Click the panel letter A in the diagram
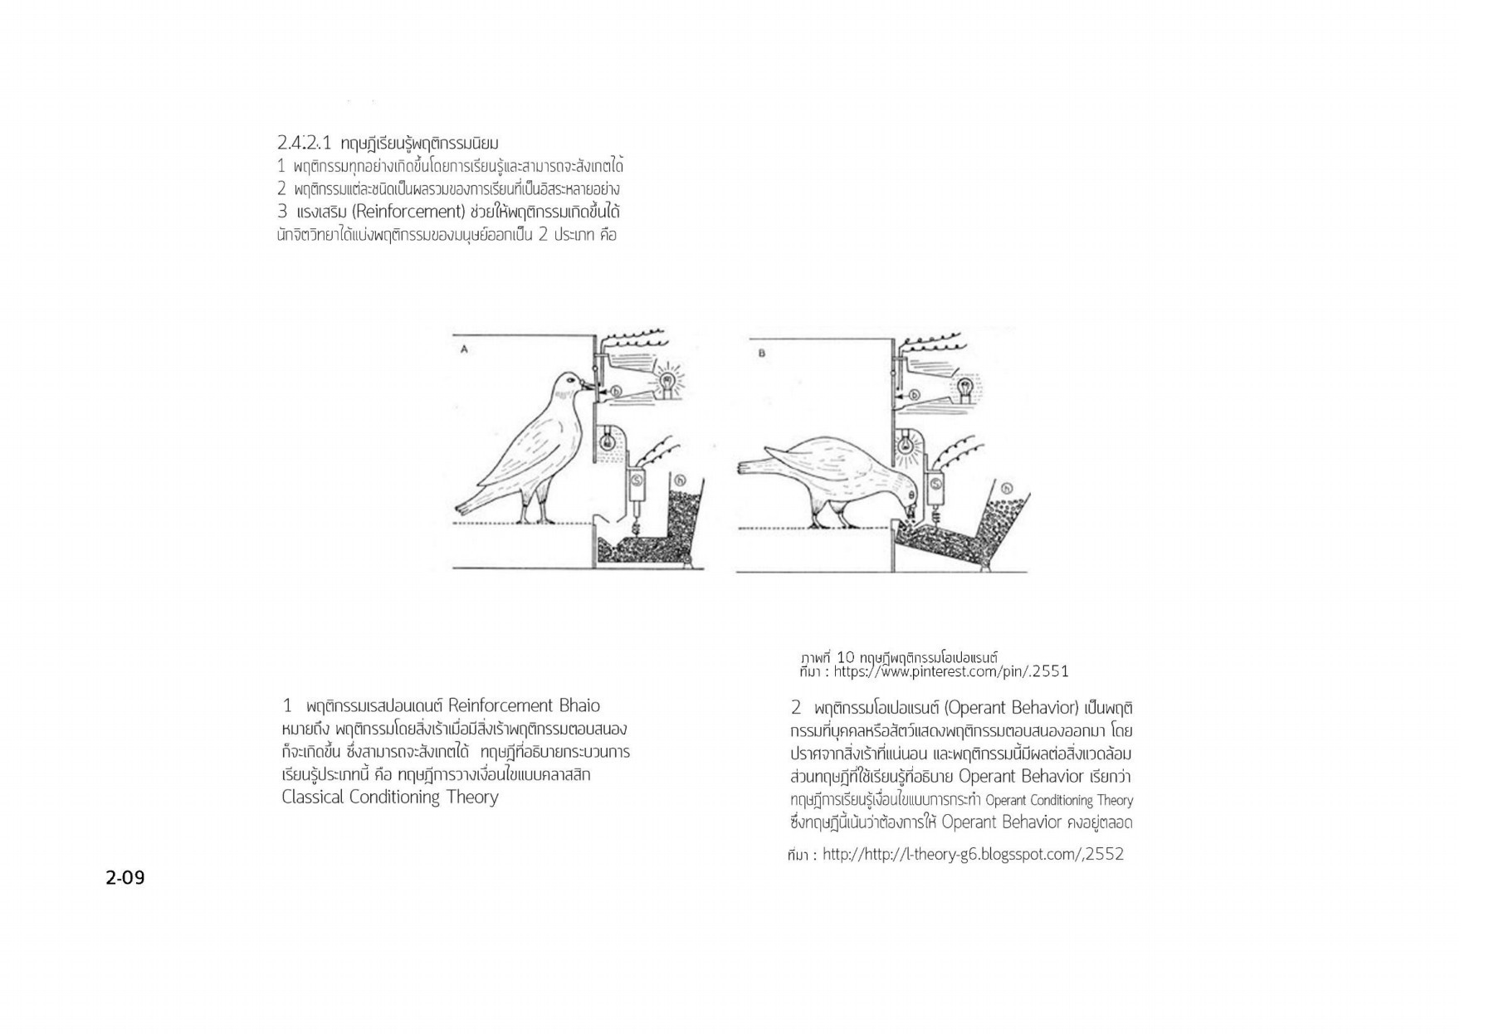(464, 349)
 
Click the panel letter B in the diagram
(762, 354)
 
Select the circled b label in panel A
(616, 391)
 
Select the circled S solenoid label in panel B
(936, 483)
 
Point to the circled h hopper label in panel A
(680, 480)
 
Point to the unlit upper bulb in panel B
(965, 386)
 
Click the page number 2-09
(125, 877)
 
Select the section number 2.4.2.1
(304, 143)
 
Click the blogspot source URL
(973, 855)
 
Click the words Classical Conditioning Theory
(390, 797)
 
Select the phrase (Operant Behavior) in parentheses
(1012, 708)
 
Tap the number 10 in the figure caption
(846, 658)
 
